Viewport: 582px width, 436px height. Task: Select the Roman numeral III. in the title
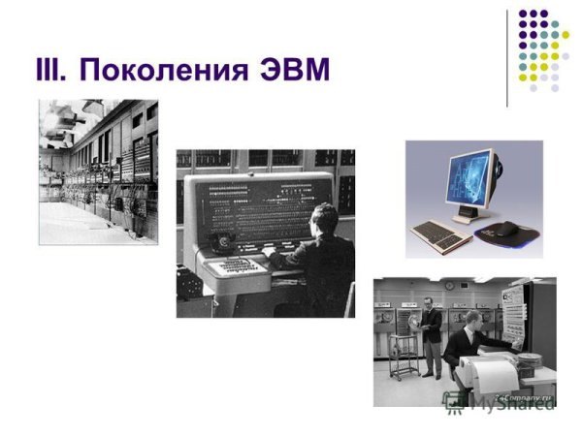50,71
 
